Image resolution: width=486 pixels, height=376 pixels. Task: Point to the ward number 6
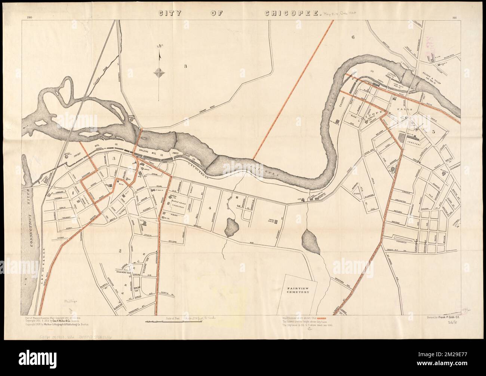tap(352, 37)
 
